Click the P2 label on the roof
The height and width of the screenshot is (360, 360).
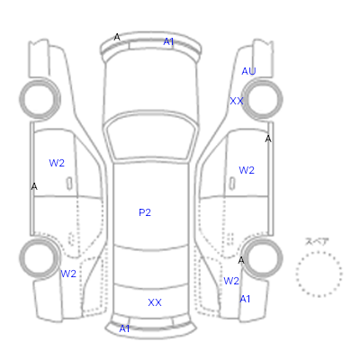tap(145, 212)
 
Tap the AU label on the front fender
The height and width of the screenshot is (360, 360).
tap(248, 71)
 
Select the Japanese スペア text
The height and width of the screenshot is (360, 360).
tap(317, 241)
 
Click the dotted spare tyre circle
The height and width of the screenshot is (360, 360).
tap(319, 252)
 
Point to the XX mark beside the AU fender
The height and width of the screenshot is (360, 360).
tap(237, 101)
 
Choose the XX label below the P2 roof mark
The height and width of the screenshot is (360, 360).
tap(155, 302)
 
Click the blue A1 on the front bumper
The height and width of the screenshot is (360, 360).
tap(168, 41)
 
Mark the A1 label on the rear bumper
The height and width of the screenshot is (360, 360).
tap(124, 328)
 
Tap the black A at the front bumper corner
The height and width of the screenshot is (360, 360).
tap(117, 38)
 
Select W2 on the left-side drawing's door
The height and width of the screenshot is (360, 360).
tap(57, 163)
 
